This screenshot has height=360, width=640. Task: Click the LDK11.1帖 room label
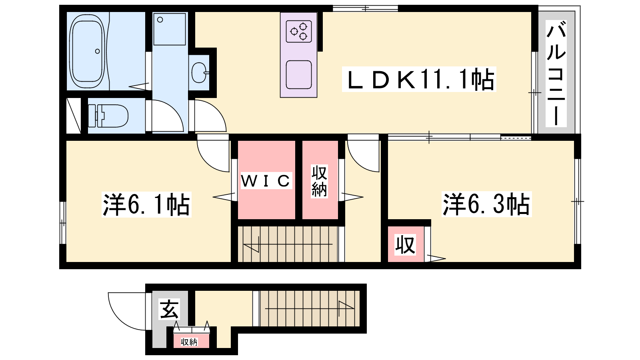tap(419, 79)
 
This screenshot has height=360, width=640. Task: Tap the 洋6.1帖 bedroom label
tap(146, 204)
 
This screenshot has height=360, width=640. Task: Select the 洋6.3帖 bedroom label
tap(486, 204)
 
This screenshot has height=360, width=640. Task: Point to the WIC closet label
tap(266, 180)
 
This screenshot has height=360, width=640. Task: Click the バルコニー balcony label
tap(556, 74)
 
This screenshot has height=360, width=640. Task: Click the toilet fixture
tap(108, 116)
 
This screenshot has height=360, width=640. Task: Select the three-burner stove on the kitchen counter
tap(299, 31)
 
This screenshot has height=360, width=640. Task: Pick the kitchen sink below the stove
tap(298, 74)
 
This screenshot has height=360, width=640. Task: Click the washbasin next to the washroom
tap(199, 72)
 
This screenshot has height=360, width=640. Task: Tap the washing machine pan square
tap(170, 29)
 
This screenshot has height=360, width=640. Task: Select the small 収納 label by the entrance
tap(190, 342)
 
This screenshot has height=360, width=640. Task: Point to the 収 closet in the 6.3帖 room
tap(405, 244)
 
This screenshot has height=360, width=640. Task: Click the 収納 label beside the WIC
tap(319, 182)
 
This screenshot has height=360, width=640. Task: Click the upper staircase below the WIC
tap(288, 244)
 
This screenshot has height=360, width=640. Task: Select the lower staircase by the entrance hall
tap(310, 308)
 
